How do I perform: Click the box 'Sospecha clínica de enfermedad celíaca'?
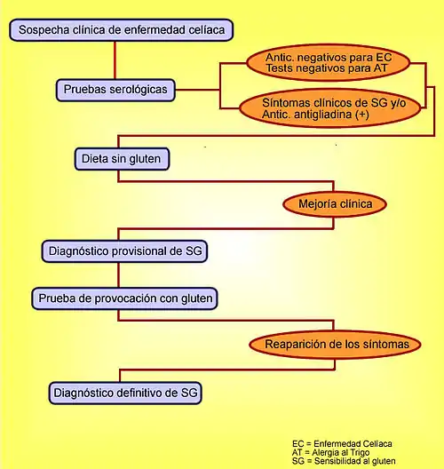[121, 30]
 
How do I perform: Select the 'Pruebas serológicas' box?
[115, 90]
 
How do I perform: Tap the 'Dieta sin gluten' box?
[122, 159]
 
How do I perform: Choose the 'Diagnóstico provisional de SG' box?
[124, 251]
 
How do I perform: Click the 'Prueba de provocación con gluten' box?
[124, 298]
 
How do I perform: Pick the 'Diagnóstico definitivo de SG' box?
[125, 393]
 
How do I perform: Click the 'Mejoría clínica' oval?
[335, 204]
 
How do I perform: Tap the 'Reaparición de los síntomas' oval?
[335, 345]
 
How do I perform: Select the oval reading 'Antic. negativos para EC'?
[329, 63]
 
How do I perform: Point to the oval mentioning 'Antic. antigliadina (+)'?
[330, 108]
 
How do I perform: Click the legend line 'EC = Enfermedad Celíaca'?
[342, 444]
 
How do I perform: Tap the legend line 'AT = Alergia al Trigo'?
[330, 452]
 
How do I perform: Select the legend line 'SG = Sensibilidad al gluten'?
[344, 461]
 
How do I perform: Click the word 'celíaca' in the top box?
[207, 30]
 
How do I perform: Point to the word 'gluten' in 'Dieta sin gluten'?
[145, 159]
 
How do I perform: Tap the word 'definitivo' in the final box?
[143, 393]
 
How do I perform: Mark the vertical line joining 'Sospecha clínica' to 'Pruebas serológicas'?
[115, 60]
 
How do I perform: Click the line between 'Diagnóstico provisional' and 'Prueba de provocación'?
[119, 275]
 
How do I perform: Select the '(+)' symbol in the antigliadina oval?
[361, 115]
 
